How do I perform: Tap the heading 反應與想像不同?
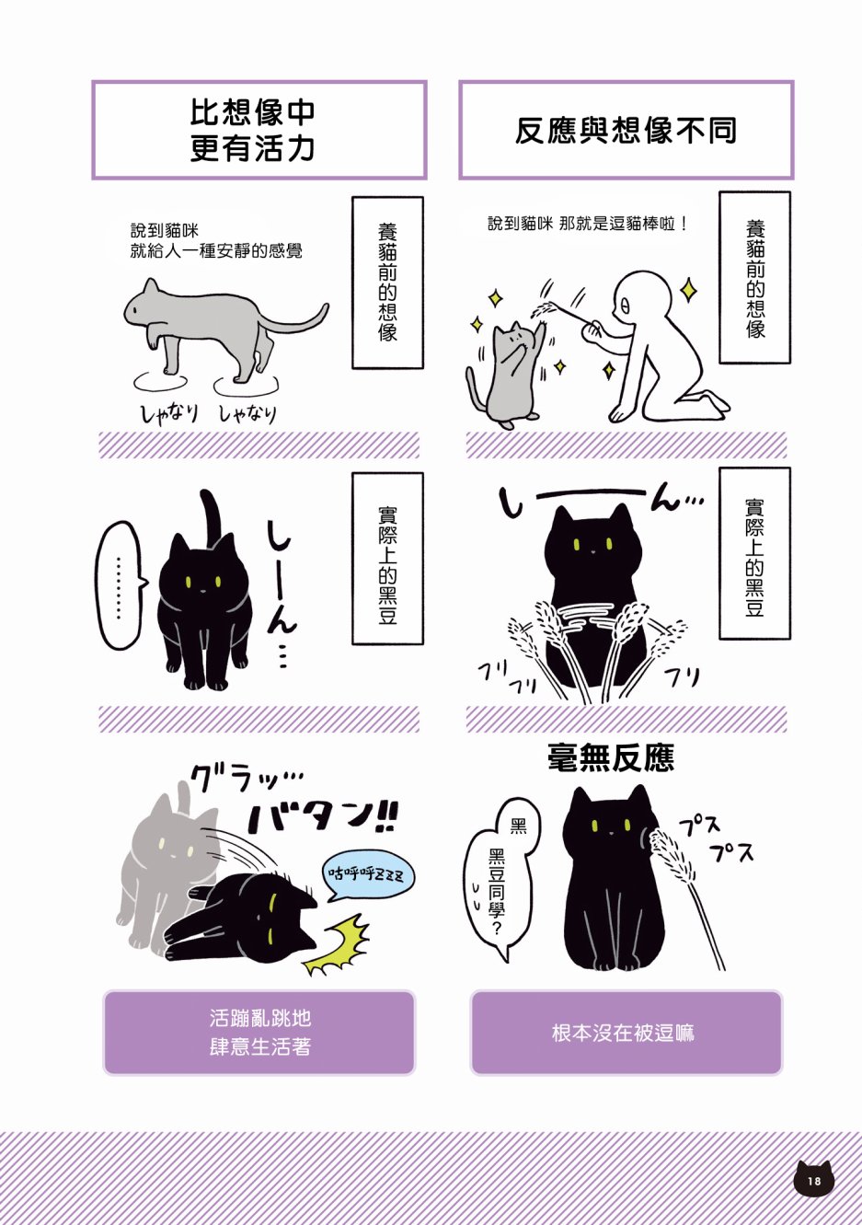[626, 130]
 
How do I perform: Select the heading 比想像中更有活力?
[253, 130]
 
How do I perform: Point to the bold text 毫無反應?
[611, 757]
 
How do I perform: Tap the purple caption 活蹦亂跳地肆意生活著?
[259, 1033]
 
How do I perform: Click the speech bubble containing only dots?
[121, 585]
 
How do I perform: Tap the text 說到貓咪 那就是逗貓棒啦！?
[588, 224]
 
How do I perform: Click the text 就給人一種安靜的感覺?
[216, 251]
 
